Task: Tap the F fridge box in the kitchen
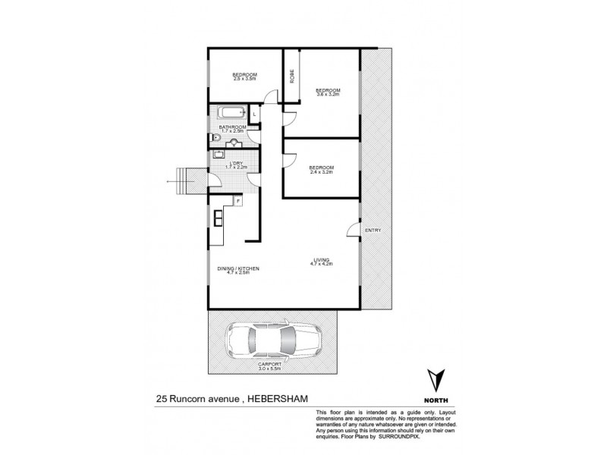[237, 201]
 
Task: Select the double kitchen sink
[218, 218]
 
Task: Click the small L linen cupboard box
[254, 115]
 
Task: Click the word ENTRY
[373, 231]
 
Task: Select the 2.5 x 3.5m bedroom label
[244, 75]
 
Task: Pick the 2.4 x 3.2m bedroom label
[322, 169]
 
